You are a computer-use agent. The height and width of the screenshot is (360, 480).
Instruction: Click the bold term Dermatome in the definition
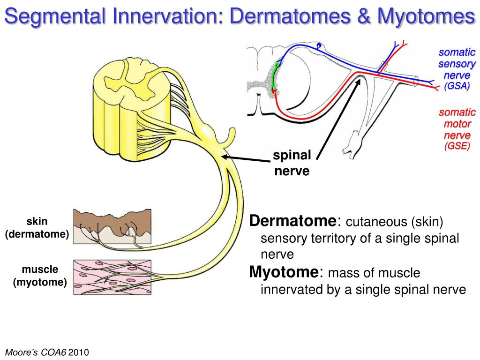click(292, 221)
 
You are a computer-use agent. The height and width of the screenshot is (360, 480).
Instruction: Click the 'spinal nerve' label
click(292, 163)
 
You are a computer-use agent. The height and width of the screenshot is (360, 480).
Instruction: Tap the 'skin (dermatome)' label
click(37, 227)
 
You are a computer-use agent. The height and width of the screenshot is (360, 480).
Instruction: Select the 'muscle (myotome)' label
click(40, 276)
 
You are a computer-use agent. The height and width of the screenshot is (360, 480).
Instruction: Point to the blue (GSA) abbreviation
click(457, 86)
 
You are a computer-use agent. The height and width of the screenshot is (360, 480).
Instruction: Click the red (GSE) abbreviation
click(457, 146)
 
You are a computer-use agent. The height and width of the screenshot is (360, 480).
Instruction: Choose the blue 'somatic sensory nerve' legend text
click(457, 64)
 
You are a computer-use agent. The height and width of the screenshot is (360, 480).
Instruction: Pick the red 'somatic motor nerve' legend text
click(457, 124)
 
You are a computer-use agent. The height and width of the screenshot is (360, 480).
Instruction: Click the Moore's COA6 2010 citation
click(47, 352)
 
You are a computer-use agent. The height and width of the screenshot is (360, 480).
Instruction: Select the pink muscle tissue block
click(112, 277)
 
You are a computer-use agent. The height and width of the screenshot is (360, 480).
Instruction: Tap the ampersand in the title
click(364, 18)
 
